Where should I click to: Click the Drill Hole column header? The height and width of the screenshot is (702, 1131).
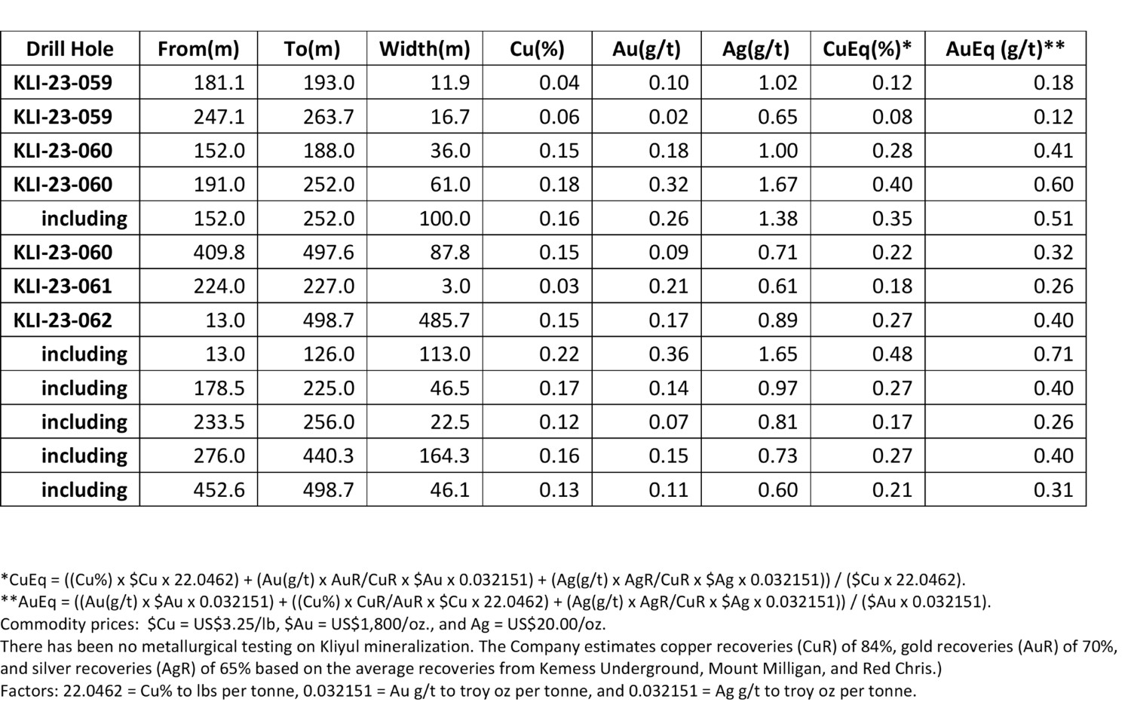pos(69,49)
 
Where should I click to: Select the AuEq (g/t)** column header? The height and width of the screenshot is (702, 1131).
pos(1005,49)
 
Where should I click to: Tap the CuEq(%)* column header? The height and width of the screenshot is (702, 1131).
pos(867,49)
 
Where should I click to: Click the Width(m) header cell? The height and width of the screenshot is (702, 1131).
pos(425,49)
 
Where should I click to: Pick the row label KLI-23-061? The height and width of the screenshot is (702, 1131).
pos(63,287)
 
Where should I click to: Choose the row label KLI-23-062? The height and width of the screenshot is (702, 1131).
pos(63,320)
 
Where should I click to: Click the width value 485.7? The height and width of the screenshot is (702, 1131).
pos(444,320)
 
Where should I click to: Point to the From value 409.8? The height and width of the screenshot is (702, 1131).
pos(219,253)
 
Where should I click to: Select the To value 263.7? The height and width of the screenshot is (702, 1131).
pos(329,117)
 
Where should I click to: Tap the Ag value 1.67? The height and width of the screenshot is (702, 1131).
pos(777,184)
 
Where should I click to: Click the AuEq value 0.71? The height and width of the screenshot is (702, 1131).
pos(1053,354)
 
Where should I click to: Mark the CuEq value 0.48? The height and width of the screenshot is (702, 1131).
pos(892,354)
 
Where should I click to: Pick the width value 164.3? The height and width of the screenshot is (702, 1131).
pos(444,455)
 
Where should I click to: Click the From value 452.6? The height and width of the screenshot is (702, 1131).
pos(219,489)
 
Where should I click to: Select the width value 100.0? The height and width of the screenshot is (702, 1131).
pos(444,218)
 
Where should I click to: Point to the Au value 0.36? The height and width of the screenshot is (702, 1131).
pos(669,354)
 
